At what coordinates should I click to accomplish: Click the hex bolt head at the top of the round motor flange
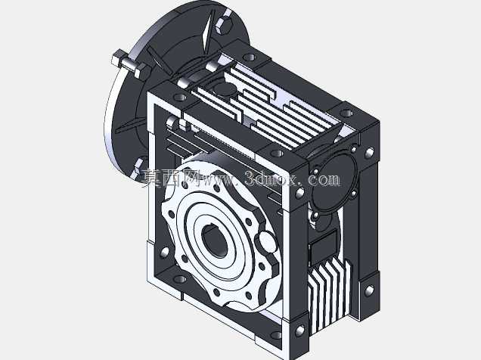223,25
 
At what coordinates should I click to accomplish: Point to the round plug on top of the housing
224,89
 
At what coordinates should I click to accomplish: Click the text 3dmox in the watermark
272,178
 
